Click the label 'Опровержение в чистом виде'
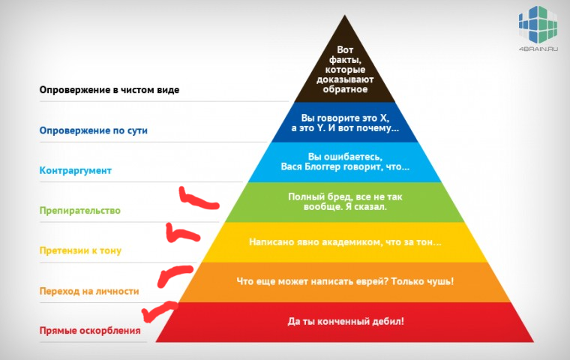click(x=109, y=90)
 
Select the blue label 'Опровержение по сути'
click(x=94, y=130)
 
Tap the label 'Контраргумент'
click(x=75, y=170)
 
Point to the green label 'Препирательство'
click(x=79, y=211)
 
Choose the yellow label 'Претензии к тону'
click(x=80, y=250)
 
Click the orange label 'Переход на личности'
click(x=89, y=291)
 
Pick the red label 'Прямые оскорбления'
click(x=90, y=331)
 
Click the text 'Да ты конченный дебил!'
click(x=346, y=322)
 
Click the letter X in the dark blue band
click(x=384, y=118)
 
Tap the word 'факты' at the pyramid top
click(x=344, y=60)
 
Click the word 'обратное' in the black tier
click(x=345, y=89)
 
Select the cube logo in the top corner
click(x=538, y=25)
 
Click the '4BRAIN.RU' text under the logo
click(x=538, y=49)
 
